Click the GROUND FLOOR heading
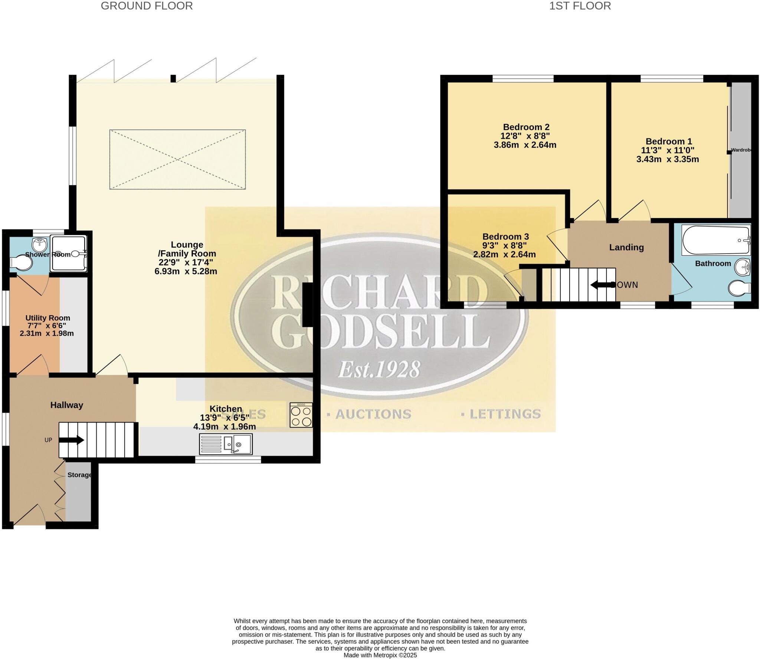[147, 6]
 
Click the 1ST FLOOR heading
[580, 6]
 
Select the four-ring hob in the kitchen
[301, 415]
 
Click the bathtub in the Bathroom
[715, 240]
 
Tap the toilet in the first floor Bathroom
[739, 288]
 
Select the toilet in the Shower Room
[22, 263]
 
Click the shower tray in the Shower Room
[69, 253]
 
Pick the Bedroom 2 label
[526, 127]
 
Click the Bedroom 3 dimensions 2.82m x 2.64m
[504, 254]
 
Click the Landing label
[626, 247]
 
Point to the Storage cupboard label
[79, 475]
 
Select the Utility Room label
[47, 318]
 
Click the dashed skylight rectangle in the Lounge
[177, 159]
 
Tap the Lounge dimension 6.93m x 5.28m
[186, 271]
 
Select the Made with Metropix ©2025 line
[380, 655]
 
